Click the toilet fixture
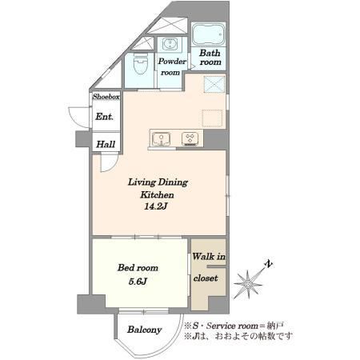click(x=140, y=63)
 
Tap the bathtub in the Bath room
click(x=209, y=34)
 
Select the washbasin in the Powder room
click(x=170, y=44)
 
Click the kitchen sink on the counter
click(x=161, y=139)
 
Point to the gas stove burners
click(x=190, y=139)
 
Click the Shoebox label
click(x=106, y=97)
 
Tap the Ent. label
click(x=104, y=117)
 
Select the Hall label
click(x=106, y=144)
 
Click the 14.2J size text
click(x=155, y=206)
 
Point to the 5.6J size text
click(x=138, y=282)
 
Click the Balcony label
click(x=145, y=330)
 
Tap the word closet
click(x=206, y=278)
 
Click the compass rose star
click(x=248, y=284)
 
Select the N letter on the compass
click(x=269, y=264)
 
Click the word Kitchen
click(x=157, y=194)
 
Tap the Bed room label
click(x=138, y=267)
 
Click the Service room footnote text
click(x=234, y=326)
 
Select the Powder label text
click(x=172, y=61)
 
